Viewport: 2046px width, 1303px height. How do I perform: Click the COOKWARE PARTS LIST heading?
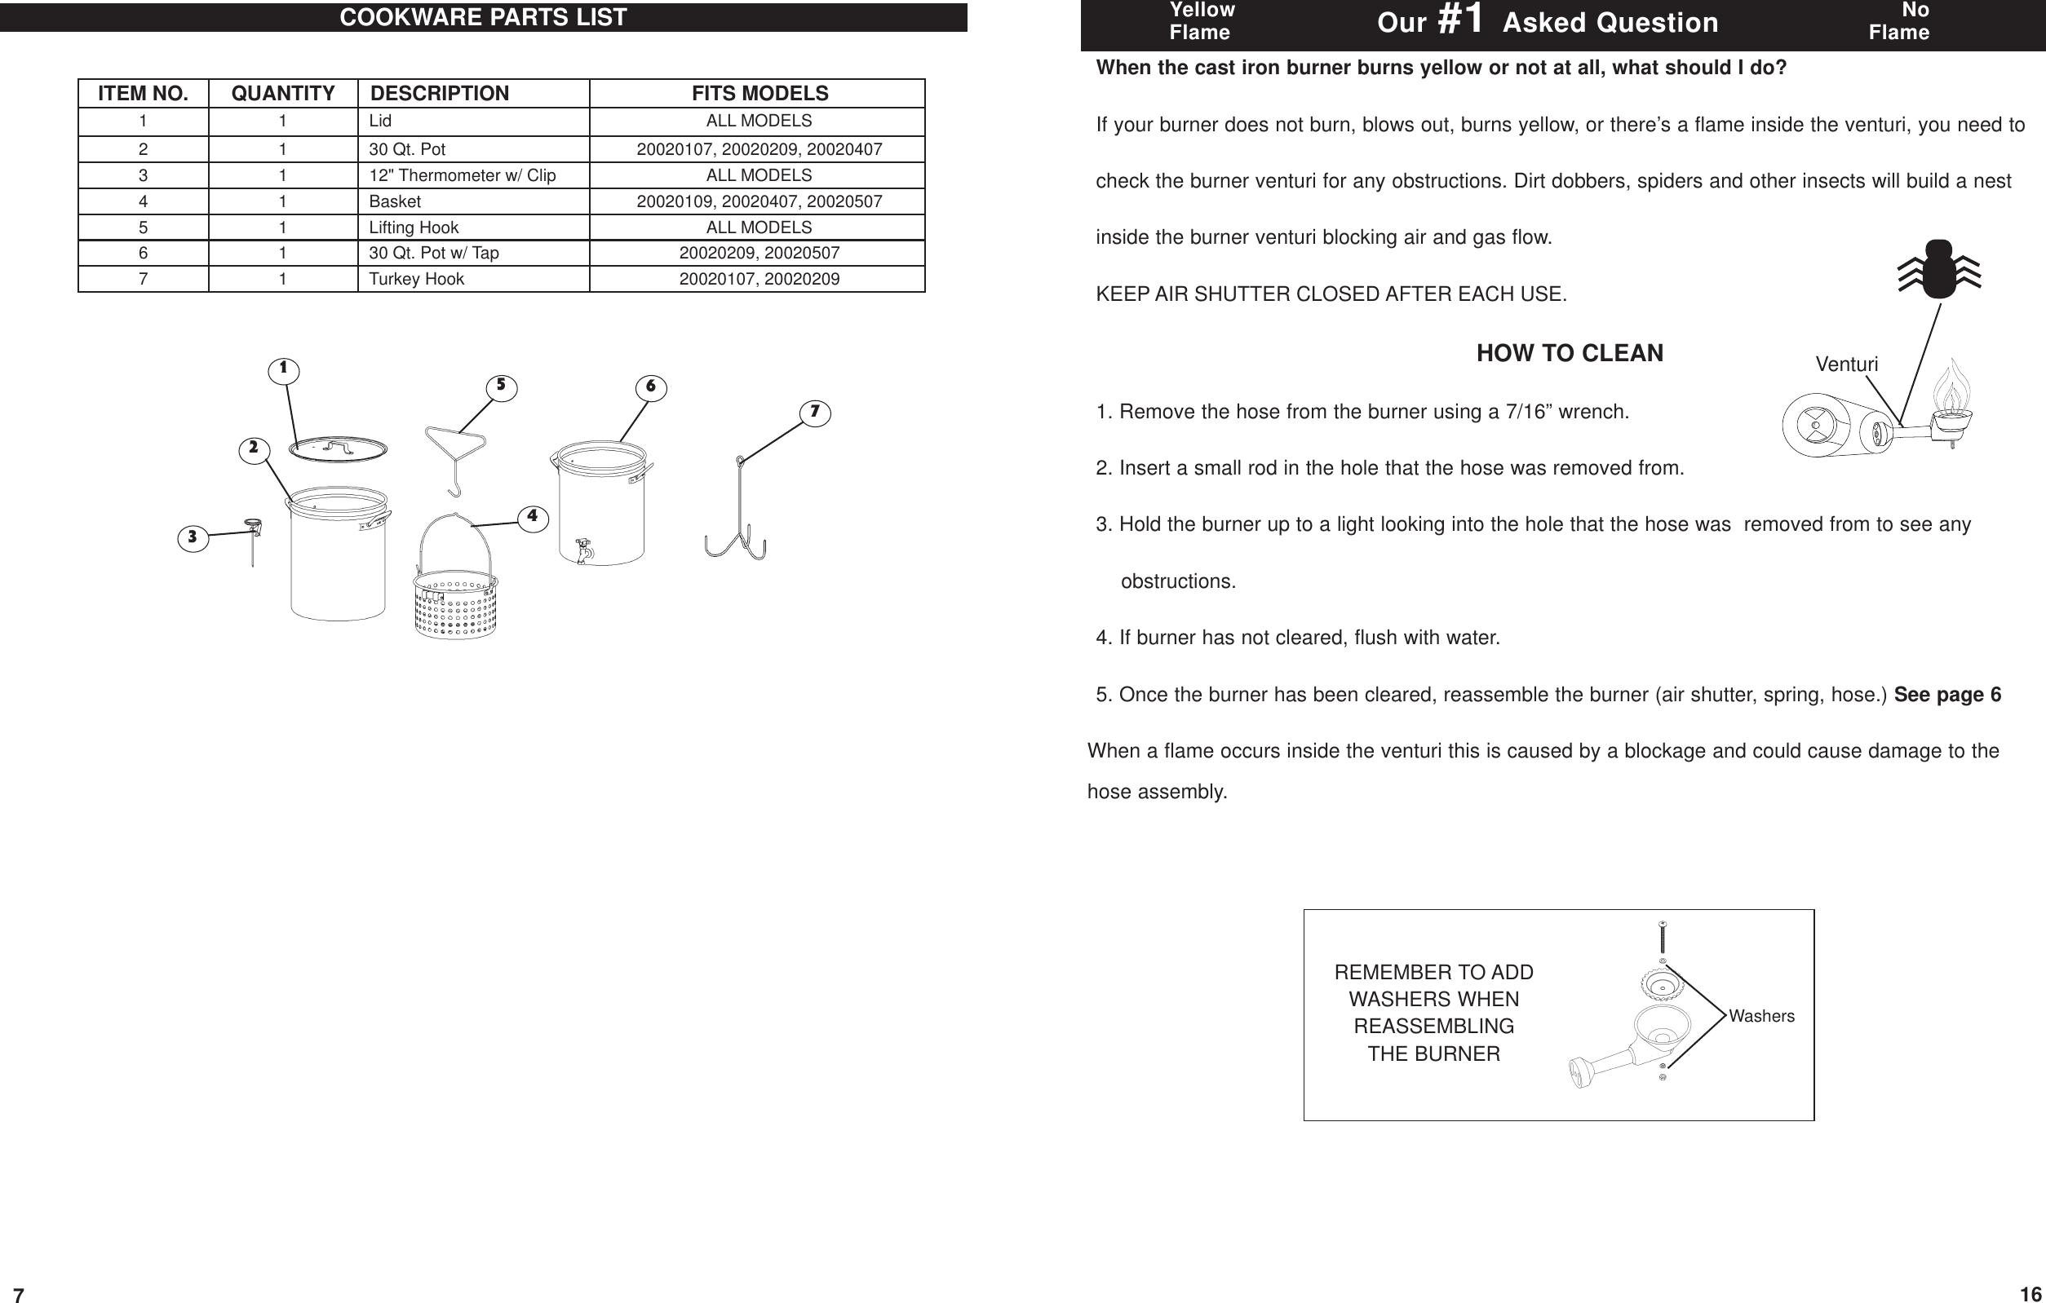[483, 17]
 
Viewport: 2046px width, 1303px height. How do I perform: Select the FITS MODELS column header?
[759, 94]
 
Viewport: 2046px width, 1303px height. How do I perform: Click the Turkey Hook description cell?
[416, 280]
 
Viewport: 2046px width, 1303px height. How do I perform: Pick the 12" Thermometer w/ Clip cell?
[463, 176]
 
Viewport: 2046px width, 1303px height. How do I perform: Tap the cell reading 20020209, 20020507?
[759, 253]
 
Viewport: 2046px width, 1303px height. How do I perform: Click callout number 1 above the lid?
[283, 369]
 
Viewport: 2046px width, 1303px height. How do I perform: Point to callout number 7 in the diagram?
[814, 413]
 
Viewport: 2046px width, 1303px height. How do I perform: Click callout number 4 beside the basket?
[532, 516]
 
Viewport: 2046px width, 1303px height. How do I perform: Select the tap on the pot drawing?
[584, 550]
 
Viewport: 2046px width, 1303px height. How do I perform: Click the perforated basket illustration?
[455, 605]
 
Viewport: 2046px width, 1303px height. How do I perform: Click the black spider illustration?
[1939, 270]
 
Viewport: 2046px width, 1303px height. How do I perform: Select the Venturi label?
[1846, 364]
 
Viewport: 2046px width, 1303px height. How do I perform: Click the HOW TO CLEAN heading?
[1570, 353]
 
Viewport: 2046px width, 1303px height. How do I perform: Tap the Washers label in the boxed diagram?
[1761, 1016]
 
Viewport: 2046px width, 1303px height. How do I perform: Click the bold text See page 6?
[1947, 695]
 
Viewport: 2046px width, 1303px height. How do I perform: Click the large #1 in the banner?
[1459, 20]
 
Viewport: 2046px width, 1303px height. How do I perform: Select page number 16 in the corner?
[2030, 1294]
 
